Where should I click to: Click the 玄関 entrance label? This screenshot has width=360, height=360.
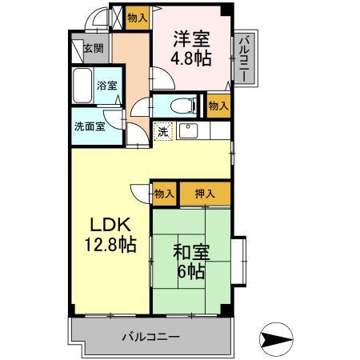point(94,49)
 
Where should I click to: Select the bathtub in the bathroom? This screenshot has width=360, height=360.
point(82,86)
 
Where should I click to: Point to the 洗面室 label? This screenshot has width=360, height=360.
point(89,126)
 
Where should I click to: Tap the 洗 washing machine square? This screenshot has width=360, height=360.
point(162,132)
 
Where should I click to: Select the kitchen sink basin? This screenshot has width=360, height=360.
point(189,131)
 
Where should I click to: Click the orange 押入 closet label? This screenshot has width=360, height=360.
point(204,193)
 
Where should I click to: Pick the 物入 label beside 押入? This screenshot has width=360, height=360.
point(165,193)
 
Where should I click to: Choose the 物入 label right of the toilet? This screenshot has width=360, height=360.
point(218,105)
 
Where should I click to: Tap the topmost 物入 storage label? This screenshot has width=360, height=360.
point(137,17)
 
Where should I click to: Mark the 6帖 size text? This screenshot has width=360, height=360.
point(192,273)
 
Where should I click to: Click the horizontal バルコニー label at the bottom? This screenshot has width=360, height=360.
point(150,336)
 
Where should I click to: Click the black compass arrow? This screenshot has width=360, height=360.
point(282,339)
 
